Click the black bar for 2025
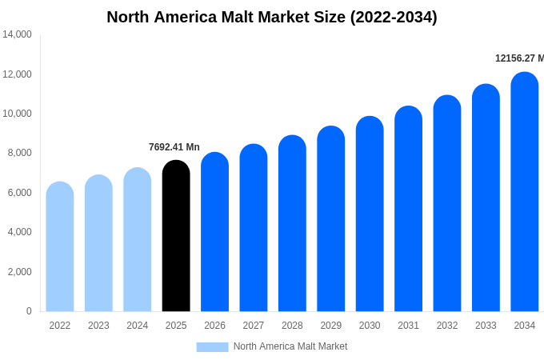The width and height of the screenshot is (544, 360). point(176,236)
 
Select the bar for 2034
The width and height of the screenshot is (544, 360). point(524,192)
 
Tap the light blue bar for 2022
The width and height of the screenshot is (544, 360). point(60,246)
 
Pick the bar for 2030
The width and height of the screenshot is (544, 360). point(370,214)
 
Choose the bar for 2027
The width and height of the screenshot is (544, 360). point(254,228)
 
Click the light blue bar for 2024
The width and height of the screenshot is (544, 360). point(138,239)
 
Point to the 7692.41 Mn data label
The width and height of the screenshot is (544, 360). point(174,147)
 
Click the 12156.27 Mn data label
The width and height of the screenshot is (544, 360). point(519,58)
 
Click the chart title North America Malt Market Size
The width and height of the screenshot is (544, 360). point(272,17)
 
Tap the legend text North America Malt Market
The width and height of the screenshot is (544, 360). point(290,346)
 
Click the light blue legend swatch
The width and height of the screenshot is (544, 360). point(212,346)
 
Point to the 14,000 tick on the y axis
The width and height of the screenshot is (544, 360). point(17,34)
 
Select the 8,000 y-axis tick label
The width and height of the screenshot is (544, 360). point(19,153)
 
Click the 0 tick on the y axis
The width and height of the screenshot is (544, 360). point(29,311)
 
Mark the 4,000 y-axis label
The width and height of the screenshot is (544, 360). point(19,232)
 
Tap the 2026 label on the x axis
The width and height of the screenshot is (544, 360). point(214,326)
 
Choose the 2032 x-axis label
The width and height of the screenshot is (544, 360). point(447,326)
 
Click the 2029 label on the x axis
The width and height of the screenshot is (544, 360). point(331,326)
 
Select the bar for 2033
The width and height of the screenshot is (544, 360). point(486,198)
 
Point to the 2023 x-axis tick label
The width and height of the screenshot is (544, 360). point(98,326)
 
